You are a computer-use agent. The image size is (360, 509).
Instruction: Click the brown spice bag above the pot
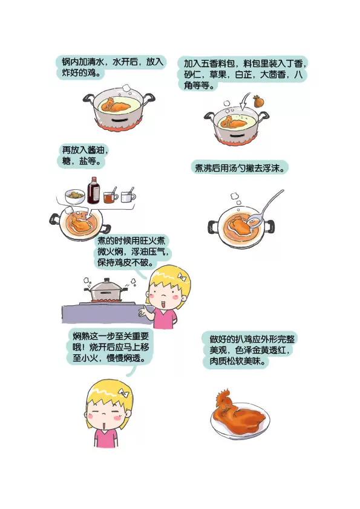258,102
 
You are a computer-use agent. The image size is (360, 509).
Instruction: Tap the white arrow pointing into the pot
244,102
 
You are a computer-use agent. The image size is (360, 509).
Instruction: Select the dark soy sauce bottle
93,190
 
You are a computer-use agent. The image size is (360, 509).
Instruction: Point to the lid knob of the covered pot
107,280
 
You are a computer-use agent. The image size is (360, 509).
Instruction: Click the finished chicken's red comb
224,395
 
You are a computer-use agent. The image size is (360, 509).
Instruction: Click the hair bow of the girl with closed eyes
124,394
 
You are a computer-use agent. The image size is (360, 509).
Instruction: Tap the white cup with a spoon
128,196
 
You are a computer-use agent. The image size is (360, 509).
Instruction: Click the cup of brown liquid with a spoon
111,196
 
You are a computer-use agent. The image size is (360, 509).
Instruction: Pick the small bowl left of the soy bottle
75,196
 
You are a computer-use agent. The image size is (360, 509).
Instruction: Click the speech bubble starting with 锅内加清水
112,67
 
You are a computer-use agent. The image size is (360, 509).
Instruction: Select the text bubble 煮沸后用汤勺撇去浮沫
240,168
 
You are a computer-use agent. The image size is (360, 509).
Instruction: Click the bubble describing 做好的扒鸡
249,350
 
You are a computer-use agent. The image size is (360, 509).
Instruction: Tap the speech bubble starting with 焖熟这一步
111,348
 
